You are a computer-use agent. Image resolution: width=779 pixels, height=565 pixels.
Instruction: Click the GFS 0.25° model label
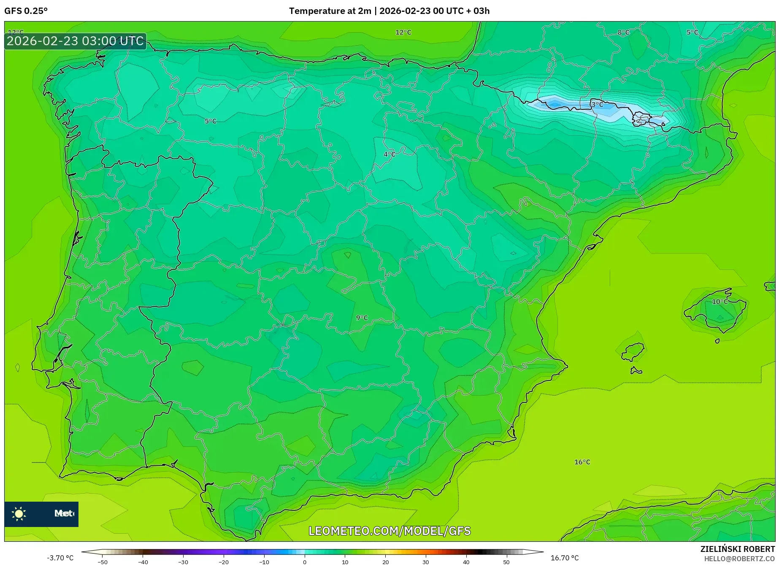(x=26, y=11)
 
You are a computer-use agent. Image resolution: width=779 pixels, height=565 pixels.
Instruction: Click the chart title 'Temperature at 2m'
(x=330, y=11)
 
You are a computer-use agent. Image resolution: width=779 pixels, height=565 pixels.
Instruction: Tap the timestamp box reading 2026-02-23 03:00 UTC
(x=75, y=41)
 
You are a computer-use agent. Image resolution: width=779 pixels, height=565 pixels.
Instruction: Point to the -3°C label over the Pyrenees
(x=596, y=104)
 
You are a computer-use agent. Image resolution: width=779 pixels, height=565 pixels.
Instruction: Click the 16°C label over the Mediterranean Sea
(x=582, y=462)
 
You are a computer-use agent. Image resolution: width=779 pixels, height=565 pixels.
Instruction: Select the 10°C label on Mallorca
(x=720, y=302)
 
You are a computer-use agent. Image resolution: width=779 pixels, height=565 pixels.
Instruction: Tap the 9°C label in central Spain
(x=362, y=318)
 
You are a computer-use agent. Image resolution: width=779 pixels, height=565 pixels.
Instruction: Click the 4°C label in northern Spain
(x=389, y=154)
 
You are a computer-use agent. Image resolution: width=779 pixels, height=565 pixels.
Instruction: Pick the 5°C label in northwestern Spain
(x=210, y=121)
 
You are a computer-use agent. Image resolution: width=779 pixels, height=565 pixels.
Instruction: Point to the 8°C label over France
(x=623, y=33)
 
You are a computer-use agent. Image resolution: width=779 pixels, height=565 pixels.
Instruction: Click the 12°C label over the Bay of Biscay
(x=403, y=33)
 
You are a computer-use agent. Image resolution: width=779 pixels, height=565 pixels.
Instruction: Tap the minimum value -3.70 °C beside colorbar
(x=60, y=558)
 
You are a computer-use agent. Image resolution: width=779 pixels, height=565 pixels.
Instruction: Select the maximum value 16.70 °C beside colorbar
(x=565, y=558)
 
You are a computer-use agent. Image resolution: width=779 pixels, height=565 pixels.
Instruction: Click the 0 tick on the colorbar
(x=305, y=562)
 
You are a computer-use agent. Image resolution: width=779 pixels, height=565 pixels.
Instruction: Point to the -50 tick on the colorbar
(x=103, y=562)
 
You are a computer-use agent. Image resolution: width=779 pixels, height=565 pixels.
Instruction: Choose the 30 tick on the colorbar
(x=425, y=562)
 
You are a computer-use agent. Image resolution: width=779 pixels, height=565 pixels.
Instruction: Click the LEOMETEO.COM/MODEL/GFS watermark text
(x=389, y=531)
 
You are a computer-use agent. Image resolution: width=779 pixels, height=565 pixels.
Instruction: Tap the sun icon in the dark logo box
(x=19, y=514)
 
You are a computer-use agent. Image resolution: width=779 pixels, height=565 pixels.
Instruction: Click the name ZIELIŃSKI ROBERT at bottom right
(x=738, y=549)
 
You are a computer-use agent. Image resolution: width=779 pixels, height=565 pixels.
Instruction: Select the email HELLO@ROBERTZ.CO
(x=739, y=559)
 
